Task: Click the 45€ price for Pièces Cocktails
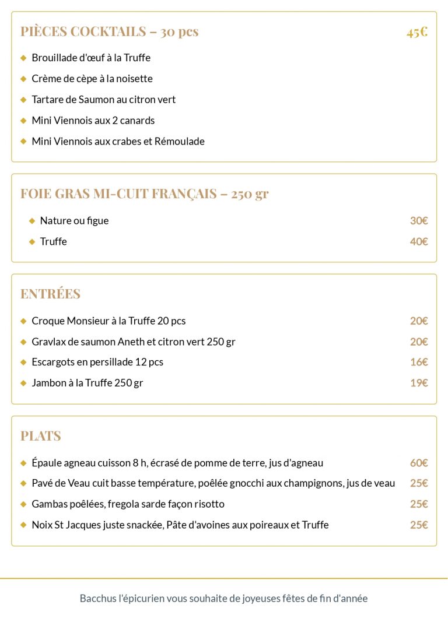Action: [417, 31]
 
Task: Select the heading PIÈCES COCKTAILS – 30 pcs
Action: [110, 31]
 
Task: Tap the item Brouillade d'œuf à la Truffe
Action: [91, 58]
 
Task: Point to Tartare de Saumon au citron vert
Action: [103, 100]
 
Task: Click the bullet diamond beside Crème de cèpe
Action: [24, 79]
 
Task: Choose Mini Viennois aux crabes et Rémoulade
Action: [118, 141]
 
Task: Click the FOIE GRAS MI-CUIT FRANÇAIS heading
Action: [144, 194]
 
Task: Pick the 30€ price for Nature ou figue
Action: [419, 220]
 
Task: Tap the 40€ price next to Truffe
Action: [419, 241]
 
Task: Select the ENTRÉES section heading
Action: [51, 294]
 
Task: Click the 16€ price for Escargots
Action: [419, 362]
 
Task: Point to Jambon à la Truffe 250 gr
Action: [87, 383]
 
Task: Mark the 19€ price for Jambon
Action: [419, 383]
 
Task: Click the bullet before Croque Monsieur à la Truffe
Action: [24, 321]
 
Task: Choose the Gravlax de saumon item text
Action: [133, 342]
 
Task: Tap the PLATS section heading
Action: [41, 436]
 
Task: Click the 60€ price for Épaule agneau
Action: [419, 463]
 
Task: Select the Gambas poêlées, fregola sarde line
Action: [128, 504]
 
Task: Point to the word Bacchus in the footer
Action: [97, 599]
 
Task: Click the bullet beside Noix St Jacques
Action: [24, 525]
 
